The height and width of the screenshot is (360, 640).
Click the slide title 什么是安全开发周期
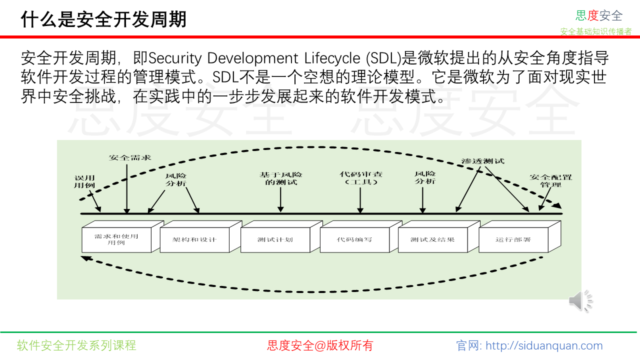pyautogui.click(x=103, y=20)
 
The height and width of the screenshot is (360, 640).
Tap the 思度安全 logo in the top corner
pyautogui.click(x=598, y=15)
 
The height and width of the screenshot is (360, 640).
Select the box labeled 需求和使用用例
pyautogui.click(x=116, y=239)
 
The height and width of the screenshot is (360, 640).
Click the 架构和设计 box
pyautogui.click(x=194, y=239)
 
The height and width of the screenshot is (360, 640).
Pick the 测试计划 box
pyautogui.click(x=275, y=239)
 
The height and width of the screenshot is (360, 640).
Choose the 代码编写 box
pyautogui.click(x=354, y=239)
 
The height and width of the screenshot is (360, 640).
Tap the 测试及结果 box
pyautogui.click(x=432, y=239)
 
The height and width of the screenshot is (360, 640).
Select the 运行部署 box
pyautogui.click(x=513, y=239)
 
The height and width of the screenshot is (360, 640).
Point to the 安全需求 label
pyautogui.click(x=130, y=158)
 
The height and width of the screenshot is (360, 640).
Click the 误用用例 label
pyautogui.click(x=84, y=181)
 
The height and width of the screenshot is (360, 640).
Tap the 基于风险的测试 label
pyautogui.click(x=280, y=178)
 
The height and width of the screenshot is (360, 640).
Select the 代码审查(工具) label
pyautogui.click(x=361, y=178)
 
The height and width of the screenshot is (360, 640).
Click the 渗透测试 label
pyautogui.click(x=482, y=161)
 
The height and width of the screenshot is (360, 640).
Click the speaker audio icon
pyautogui.click(x=580, y=300)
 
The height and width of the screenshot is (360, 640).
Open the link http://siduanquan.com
pyautogui.click(x=544, y=345)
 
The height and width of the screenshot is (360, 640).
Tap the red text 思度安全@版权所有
pyautogui.click(x=320, y=345)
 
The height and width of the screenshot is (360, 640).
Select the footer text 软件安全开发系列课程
pyautogui.click(x=76, y=345)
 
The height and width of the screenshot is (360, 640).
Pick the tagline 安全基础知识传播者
pyautogui.click(x=596, y=31)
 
